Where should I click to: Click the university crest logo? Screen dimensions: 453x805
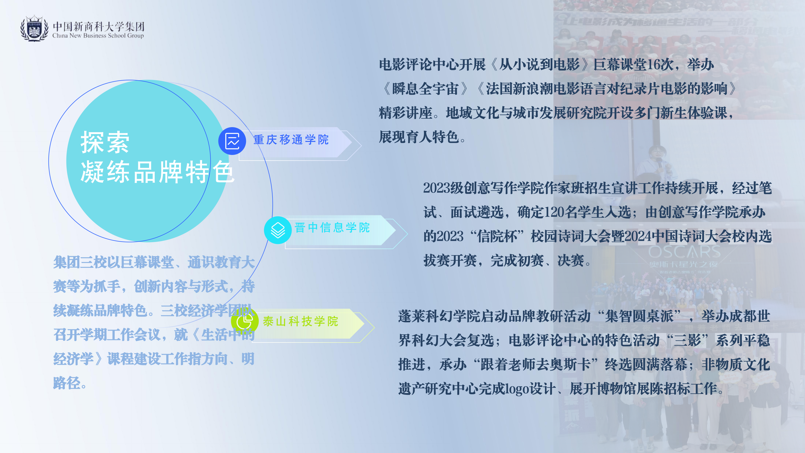pyautogui.click(x=34, y=28)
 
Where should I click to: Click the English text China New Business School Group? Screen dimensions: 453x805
pyautogui.click(x=98, y=36)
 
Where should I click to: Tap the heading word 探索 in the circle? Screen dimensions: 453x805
pyautogui.click(x=105, y=143)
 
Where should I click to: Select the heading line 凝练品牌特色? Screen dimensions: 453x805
pyautogui.click(x=157, y=172)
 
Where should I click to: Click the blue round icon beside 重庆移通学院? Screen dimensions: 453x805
pyautogui.click(x=232, y=141)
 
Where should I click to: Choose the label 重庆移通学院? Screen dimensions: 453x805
pyautogui.click(x=291, y=140)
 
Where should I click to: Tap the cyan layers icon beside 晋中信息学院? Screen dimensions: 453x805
pyautogui.click(x=278, y=230)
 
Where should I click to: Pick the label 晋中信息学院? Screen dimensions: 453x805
pyautogui.click(x=332, y=228)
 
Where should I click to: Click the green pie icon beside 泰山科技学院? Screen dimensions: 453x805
pyautogui.click(x=245, y=321)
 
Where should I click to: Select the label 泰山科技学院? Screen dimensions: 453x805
pyautogui.click(x=301, y=321)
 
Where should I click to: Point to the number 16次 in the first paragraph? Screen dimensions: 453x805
pyautogui.click(x=660, y=65)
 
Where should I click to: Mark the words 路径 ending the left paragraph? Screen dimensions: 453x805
pyautogui.click(x=67, y=383)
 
